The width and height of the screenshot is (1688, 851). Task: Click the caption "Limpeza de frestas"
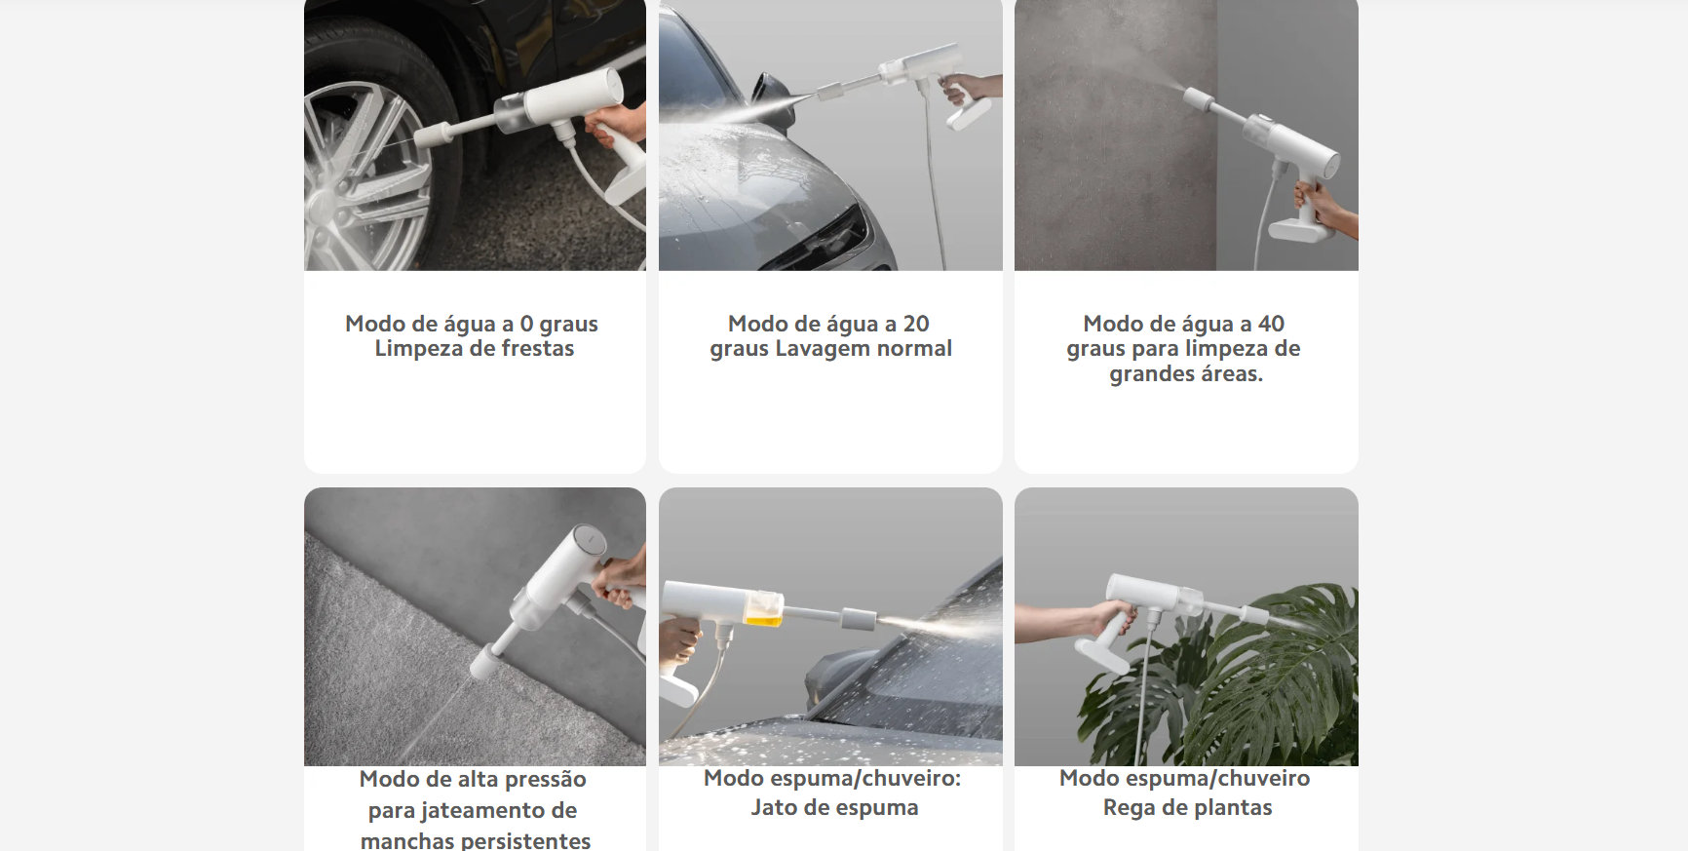[x=475, y=349]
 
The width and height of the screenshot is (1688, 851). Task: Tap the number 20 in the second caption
[x=916, y=324]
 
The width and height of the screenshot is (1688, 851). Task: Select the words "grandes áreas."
[x=1186, y=374]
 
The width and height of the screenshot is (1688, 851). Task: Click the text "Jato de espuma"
[x=834, y=807]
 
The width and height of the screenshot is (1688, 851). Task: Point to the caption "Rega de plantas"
[x=1187, y=807]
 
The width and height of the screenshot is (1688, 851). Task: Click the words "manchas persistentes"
[x=476, y=840]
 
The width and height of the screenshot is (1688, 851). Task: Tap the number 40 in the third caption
[x=1271, y=324]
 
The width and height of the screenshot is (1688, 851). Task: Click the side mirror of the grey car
[x=769, y=91]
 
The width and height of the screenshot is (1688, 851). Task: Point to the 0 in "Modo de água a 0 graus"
[x=526, y=324]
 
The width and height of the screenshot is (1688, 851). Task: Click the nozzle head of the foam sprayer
[x=858, y=619]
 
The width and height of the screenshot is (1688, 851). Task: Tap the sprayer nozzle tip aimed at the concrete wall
[x=1198, y=97]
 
